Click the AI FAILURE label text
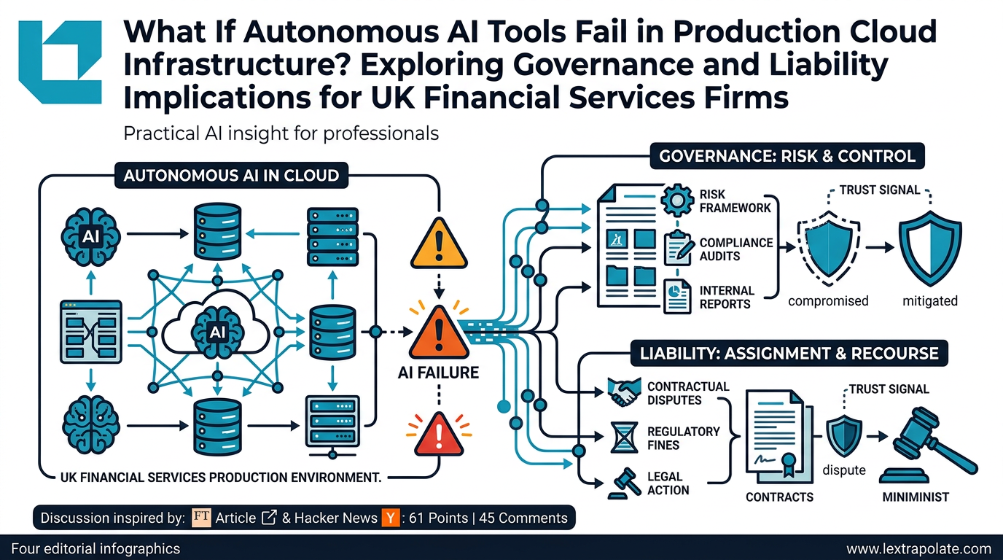(439, 373)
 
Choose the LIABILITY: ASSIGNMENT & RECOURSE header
(789, 354)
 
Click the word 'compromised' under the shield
(828, 300)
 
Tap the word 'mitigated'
(929, 300)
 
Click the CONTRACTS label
(779, 497)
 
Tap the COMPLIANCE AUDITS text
(725, 249)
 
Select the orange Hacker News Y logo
(390, 518)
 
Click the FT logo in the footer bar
(201, 518)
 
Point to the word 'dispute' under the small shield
(844, 470)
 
